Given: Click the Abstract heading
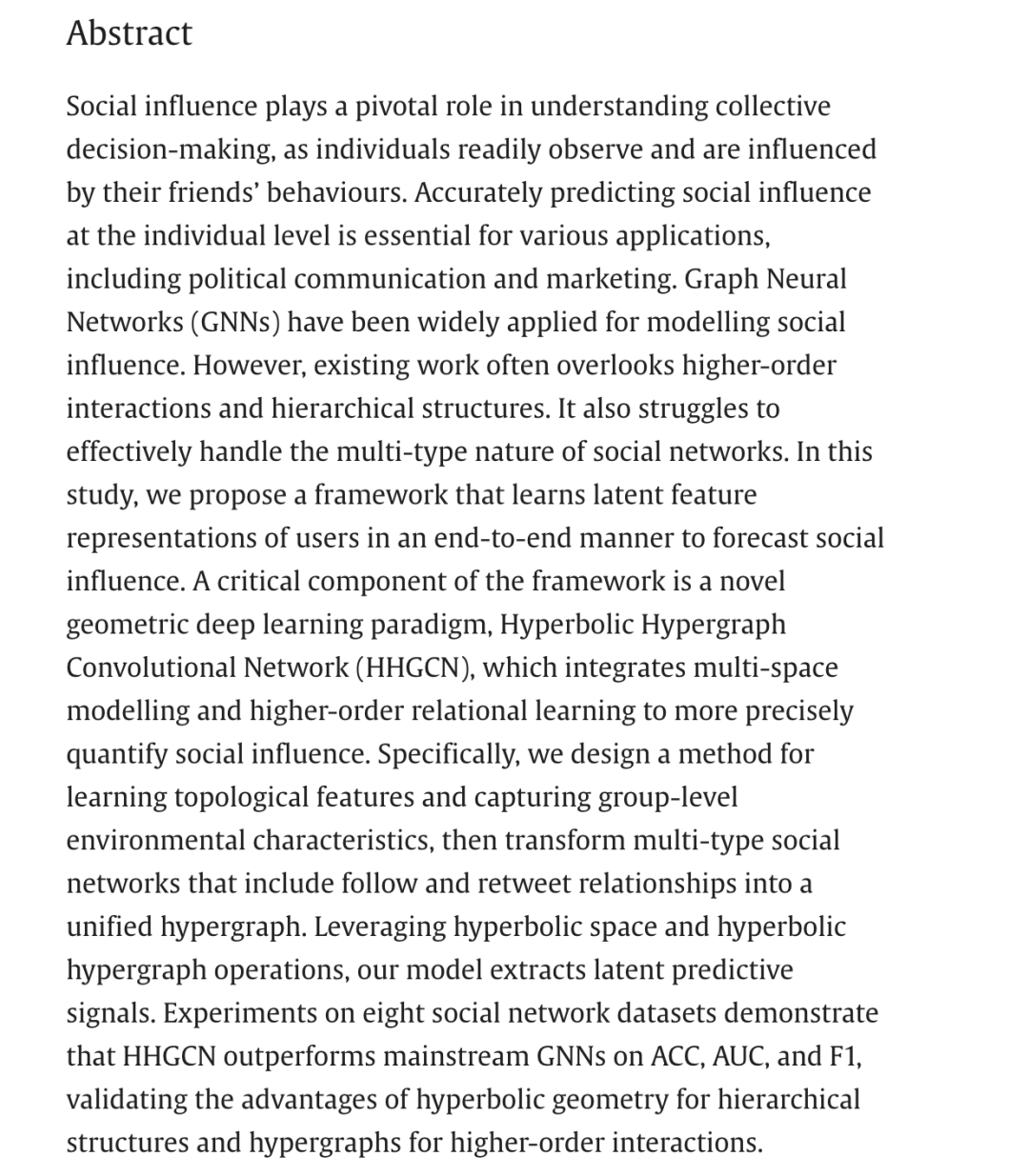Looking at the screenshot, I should [x=129, y=33].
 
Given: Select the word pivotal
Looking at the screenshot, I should [x=396, y=106].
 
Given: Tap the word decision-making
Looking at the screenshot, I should [x=174, y=149].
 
